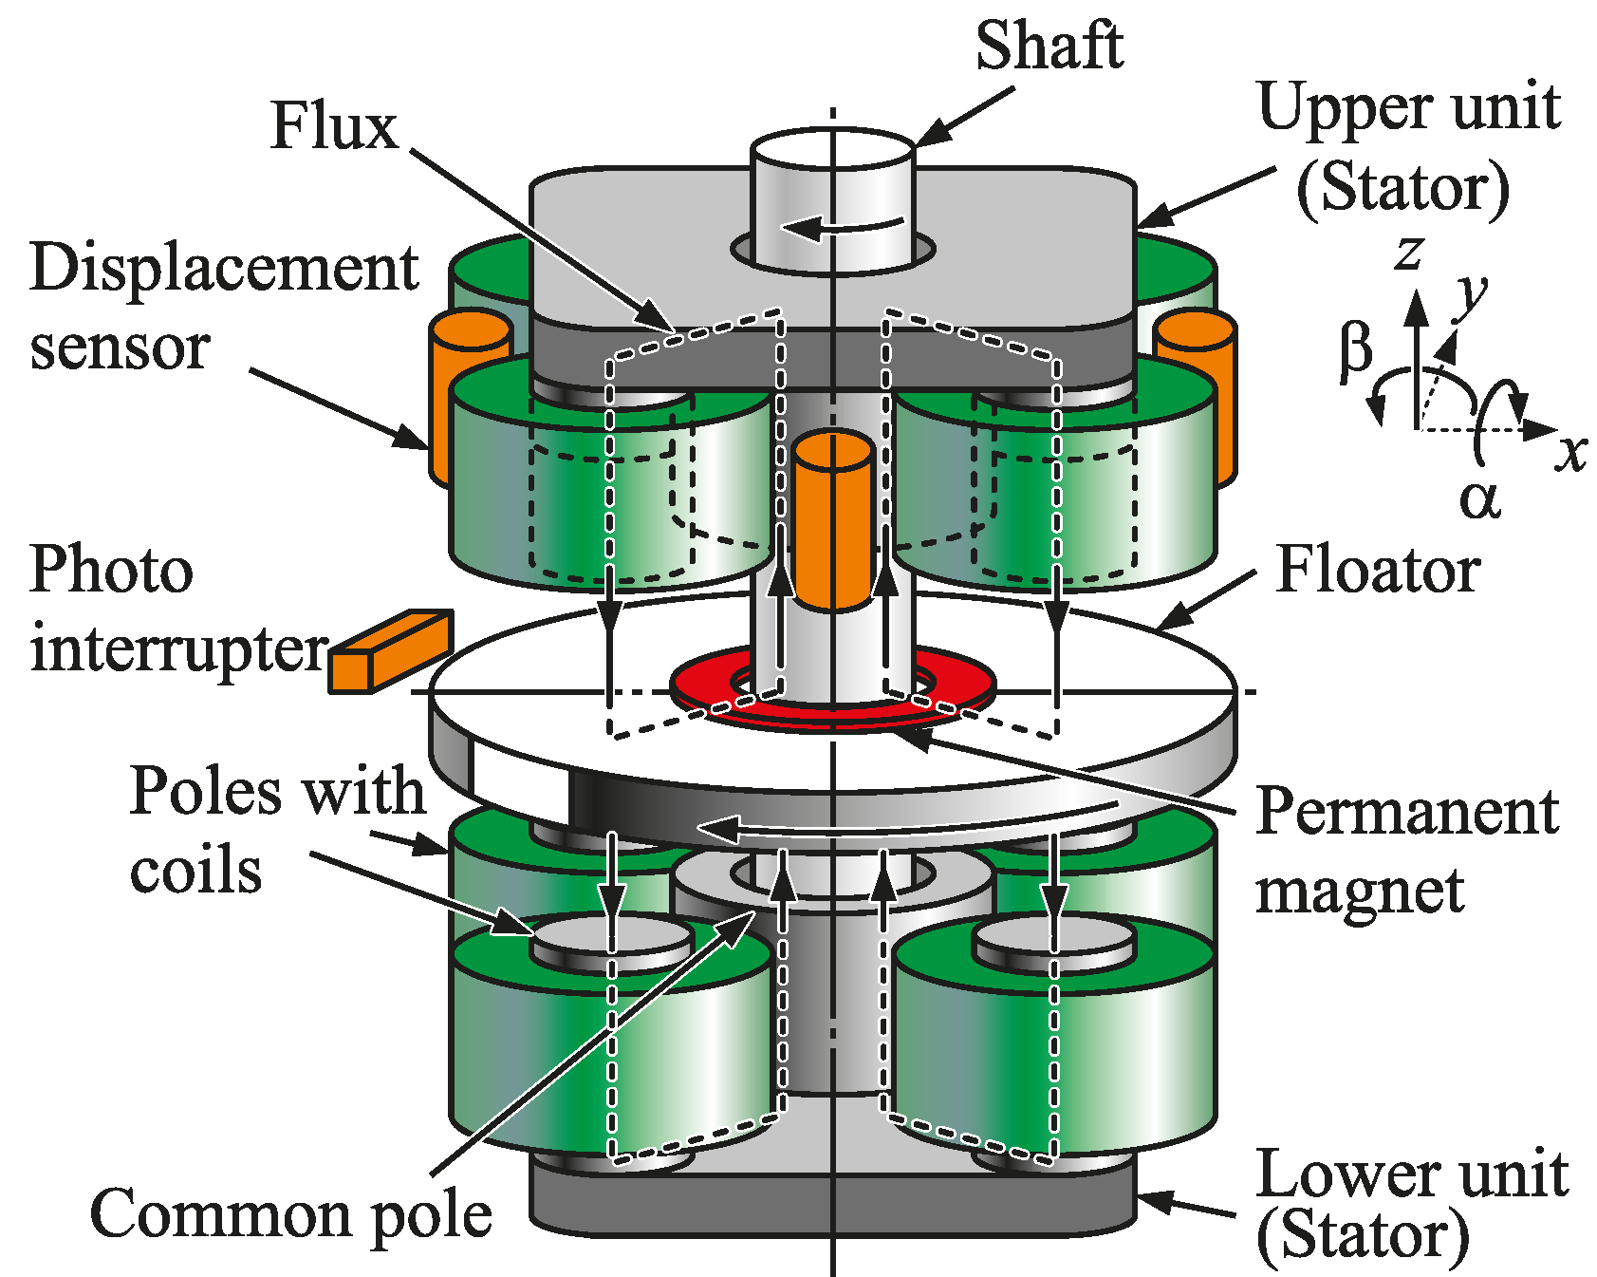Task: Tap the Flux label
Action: click(x=334, y=126)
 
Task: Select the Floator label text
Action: click(x=1378, y=571)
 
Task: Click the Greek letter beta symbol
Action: click(x=1356, y=349)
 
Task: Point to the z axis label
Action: click(x=1409, y=252)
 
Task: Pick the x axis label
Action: click(x=1570, y=452)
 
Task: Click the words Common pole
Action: click(x=291, y=1214)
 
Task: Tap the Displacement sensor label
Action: click(x=224, y=306)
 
